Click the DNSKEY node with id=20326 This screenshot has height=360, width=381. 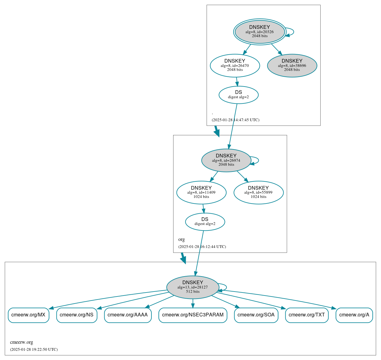pyautogui.click(x=260, y=32)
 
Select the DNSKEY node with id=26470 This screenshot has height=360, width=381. pyautogui.click(x=235, y=65)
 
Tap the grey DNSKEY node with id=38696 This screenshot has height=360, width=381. pyautogui.click(x=292, y=65)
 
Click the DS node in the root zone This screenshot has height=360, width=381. pyautogui.click(x=238, y=95)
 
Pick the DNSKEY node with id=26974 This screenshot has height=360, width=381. pyautogui.click(x=226, y=160)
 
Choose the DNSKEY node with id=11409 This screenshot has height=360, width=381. pyautogui.click(x=201, y=192)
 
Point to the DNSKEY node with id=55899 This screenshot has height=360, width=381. pyautogui.click(x=258, y=192)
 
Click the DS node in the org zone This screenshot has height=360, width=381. pyautogui.click(x=205, y=222)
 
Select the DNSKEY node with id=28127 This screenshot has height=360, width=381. pyautogui.click(x=192, y=287)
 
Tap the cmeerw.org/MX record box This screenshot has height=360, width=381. pyautogui.click(x=29, y=315)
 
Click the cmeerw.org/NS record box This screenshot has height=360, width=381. pyautogui.click(x=77, y=315)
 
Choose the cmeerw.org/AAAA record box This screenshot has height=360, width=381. pyautogui.click(x=128, y=315)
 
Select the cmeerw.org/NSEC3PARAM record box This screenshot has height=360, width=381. pyautogui.click(x=193, y=315)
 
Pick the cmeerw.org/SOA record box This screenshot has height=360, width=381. pyautogui.click(x=256, y=315)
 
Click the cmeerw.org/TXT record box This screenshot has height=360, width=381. pyautogui.click(x=307, y=315)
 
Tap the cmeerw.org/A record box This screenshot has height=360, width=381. pyautogui.click(x=354, y=315)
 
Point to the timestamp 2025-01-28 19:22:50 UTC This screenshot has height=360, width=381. pyautogui.click(x=34, y=349)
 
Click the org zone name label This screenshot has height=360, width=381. pyautogui.click(x=181, y=239)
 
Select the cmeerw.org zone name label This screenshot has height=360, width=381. pyautogui.click(x=21, y=342)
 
